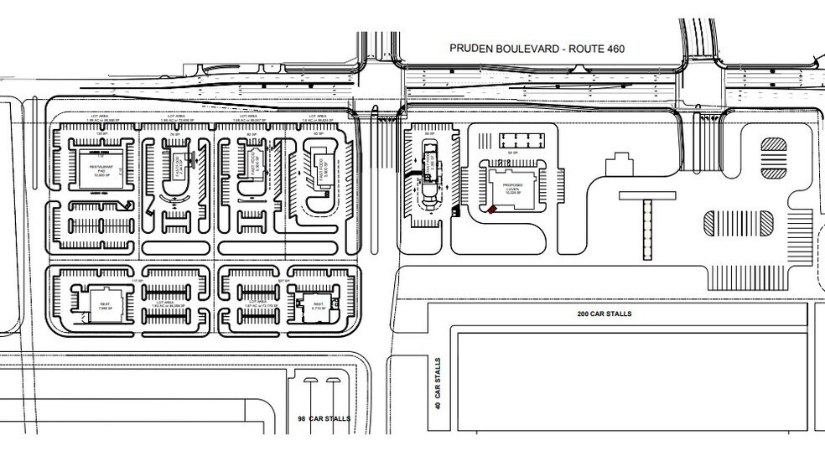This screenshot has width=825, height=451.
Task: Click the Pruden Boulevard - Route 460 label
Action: [x=537, y=49]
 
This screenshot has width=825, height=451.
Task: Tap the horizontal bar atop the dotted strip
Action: [x=647, y=194]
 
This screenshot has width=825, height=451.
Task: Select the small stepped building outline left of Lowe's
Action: [x=619, y=165]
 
